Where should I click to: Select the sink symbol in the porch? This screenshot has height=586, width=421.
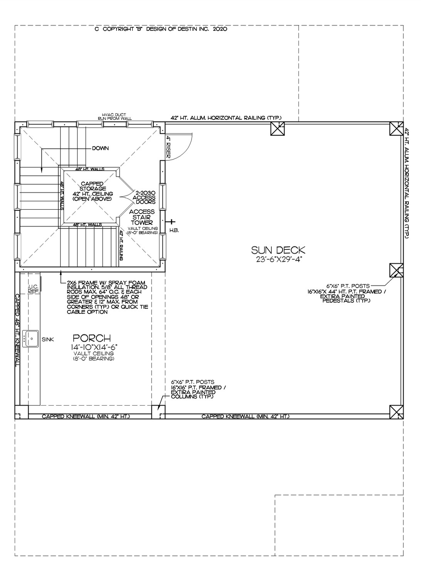pos(31,339)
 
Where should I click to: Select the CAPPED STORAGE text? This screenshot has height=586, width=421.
pos(91,186)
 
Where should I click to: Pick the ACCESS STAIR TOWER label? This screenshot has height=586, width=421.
pos(142,217)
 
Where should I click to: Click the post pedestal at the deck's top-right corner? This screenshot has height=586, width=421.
pos(396,128)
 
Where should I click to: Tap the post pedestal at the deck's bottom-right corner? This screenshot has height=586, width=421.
pos(396,411)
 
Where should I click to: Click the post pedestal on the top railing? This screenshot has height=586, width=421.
pos(278,128)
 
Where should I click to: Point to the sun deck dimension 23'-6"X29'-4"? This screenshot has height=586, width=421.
pos(278,260)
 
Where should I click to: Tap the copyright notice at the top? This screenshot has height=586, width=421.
pos(161,29)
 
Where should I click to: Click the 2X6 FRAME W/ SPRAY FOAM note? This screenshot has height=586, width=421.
pos(107,297)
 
